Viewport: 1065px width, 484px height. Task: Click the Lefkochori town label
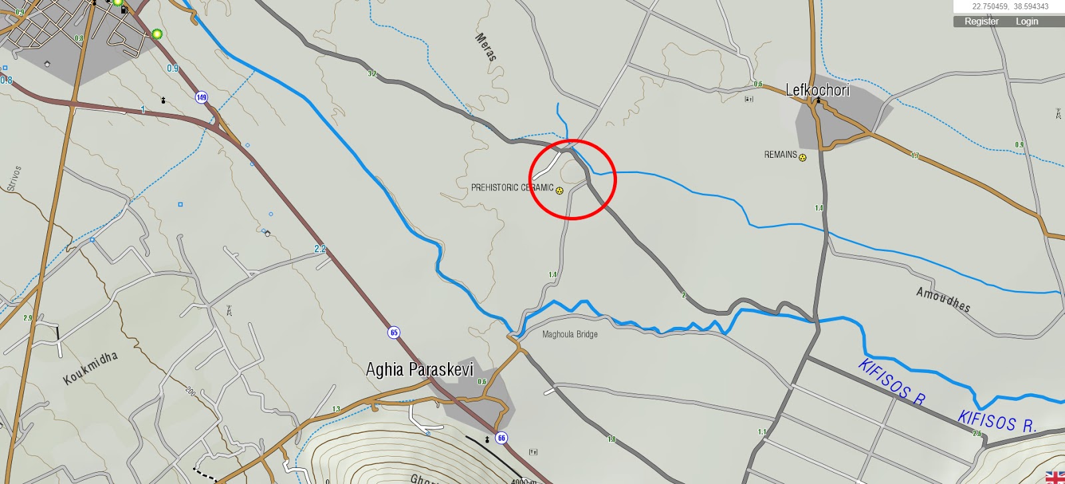817,90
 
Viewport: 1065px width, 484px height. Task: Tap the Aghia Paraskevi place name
419,369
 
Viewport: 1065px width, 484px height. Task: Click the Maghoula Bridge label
570,334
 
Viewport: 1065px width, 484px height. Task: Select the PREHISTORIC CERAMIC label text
512,188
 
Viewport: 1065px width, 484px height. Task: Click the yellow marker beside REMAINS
803,158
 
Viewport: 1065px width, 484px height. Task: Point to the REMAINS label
780,154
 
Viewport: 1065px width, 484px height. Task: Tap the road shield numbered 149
201,97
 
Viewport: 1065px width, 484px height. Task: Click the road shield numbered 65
394,332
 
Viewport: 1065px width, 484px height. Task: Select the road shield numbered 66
502,437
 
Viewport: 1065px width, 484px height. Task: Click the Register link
981,21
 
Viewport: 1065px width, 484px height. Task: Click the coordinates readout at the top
1010,7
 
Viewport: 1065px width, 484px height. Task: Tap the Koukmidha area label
91,367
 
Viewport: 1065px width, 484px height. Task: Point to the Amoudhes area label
943,300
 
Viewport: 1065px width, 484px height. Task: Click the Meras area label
486,47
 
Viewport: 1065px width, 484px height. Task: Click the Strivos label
15,178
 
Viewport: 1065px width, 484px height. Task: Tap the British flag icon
1055,477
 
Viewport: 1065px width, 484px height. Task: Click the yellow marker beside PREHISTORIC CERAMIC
560,191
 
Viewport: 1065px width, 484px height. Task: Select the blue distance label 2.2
320,249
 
